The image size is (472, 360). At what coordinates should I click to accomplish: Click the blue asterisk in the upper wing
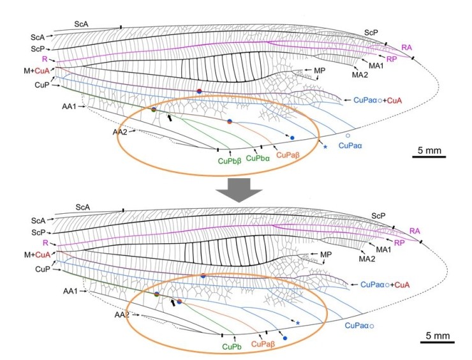click(325, 147)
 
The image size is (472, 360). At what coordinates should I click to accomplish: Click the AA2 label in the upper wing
click(120, 131)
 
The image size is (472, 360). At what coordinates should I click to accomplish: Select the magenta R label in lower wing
click(46, 244)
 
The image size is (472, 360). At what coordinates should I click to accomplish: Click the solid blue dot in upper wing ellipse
click(292, 138)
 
